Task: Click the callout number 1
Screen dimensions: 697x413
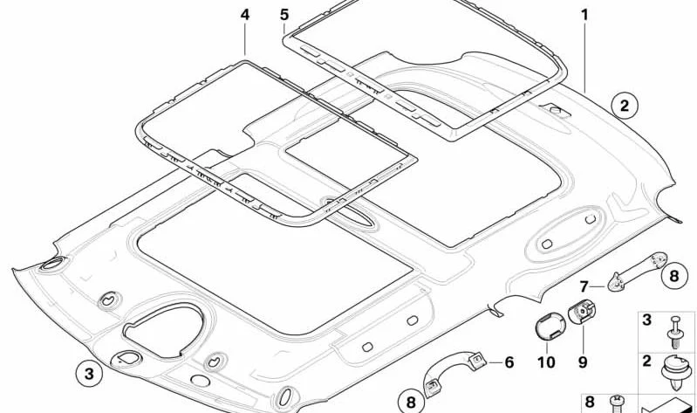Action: tap(585, 15)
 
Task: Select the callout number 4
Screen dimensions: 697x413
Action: tap(245, 15)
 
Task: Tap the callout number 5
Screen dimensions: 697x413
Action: tap(284, 15)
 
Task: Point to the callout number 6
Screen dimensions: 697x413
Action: tap(509, 362)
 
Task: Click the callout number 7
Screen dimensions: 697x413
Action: tap(584, 287)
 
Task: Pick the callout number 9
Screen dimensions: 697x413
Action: tap(583, 361)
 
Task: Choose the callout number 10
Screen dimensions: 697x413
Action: tap(546, 362)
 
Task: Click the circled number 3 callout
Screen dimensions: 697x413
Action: tap(89, 374)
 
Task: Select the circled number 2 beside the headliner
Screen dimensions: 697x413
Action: tap(625, 106)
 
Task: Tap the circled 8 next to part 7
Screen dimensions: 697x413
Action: tap(674, 276)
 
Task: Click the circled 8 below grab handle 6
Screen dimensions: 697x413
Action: tap(411, 403)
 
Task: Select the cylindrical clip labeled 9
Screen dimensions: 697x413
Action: tap(582, 312)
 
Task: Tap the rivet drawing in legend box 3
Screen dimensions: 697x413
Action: tap(675, 332)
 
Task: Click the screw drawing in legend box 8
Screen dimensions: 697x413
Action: tap(616, 404)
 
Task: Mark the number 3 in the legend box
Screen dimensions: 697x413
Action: tap(646, 320)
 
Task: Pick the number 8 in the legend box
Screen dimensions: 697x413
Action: tap(590, 402)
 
